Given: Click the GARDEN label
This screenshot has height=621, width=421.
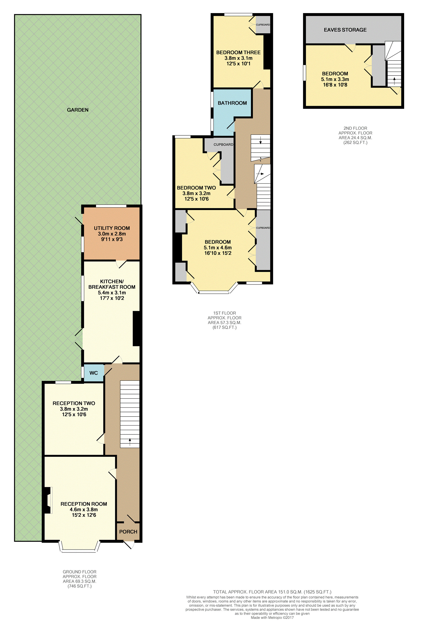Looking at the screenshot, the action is pos(78,110).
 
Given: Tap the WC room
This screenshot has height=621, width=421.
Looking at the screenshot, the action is pos(94,373).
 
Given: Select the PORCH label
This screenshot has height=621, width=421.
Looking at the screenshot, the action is pos(128,532).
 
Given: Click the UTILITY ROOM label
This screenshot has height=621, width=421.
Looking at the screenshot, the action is pos(112,228).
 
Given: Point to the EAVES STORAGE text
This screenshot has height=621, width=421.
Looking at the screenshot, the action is pos(345,30).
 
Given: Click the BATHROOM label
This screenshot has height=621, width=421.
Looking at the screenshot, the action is pos(232,103).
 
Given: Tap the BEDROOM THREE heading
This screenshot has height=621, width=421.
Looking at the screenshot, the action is pos(238,53).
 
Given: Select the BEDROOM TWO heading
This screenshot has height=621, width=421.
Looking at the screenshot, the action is pos(196,188).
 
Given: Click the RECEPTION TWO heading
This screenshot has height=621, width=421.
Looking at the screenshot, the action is pos(74,403).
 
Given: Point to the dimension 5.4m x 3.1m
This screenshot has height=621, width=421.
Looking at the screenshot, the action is pos(112,293).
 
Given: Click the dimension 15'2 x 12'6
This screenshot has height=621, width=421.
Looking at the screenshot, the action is pos(84,515).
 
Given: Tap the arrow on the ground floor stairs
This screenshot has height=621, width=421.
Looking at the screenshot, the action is pos(130,442).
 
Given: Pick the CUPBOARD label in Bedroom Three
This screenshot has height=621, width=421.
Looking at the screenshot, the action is pos(263,25).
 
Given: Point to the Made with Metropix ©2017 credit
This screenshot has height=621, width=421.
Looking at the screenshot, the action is pos(272,617).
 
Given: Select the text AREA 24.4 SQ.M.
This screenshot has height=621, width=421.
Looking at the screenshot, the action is pos(355,138).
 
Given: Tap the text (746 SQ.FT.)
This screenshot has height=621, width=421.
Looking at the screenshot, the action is pos(80,586).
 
